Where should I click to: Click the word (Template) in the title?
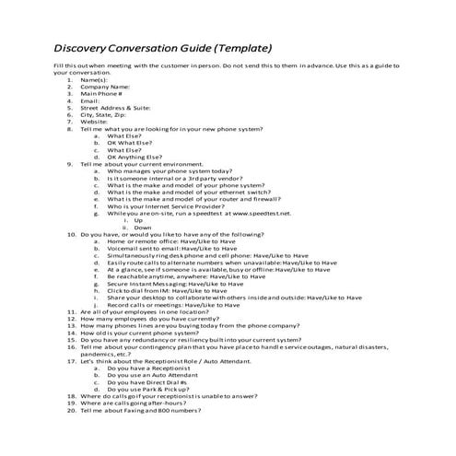coord(241,48)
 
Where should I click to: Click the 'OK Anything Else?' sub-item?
coord(141,157)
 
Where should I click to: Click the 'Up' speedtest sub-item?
coord(138,220)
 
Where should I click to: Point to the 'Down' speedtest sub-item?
coord(142,228)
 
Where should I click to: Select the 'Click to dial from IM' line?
coord(173,291)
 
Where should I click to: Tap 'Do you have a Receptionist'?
coord(153,368)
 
